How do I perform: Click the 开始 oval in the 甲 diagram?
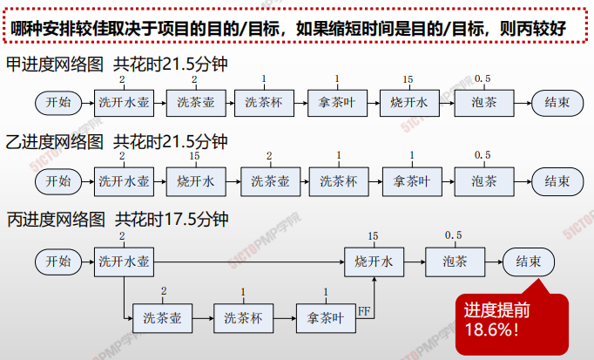[x=58, y=103]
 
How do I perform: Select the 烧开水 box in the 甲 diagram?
[x=409, y=103]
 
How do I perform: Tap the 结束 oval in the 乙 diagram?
[x=557, y=181]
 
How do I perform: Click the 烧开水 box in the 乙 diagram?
[x=196, y=181]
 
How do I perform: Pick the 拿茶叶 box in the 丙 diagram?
[x=326, y=318]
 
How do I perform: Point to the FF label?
[x=364, y=311]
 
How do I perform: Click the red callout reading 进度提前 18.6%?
[x=512, y=322]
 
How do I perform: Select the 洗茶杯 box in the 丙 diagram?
[x=243, y=318]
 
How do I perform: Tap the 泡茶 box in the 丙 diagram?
[x=455, y=262]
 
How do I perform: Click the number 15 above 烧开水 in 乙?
[x=194, y=156]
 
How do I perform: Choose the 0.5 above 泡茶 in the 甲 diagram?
[x=483, y=78]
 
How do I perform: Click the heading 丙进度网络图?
[x=56, y=220]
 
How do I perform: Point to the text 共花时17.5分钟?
[x=172, y=220]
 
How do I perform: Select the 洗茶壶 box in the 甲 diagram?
[x=196, y=103]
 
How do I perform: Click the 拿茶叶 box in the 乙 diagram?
[x=412, y=181]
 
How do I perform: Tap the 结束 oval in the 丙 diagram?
[x=529, y=262]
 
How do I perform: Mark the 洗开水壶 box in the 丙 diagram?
[x=124, y=262]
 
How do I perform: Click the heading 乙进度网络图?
[x=55, y=142]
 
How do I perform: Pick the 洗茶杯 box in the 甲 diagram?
[x=264, y=103]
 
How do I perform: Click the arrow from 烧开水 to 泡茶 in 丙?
[x=415, y=262]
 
